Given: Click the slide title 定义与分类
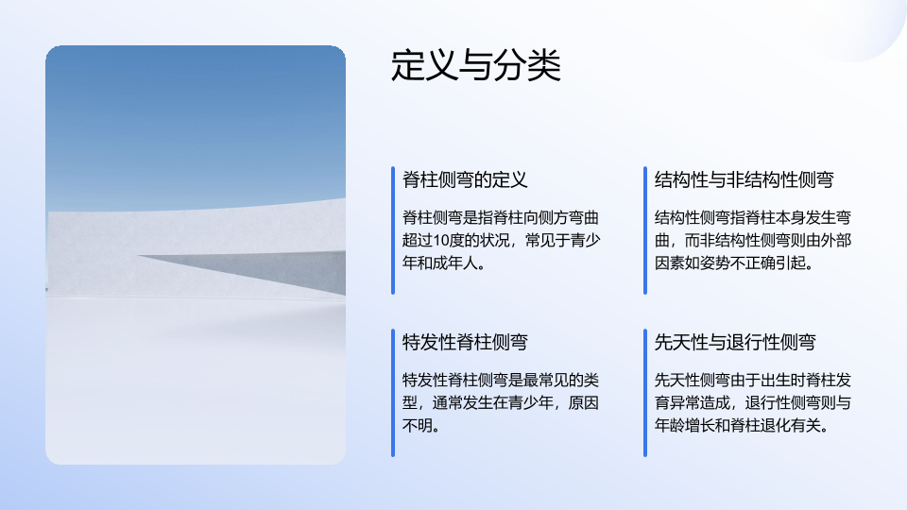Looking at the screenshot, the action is tap(476, 65).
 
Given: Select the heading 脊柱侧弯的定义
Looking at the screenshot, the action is tap(465, 179).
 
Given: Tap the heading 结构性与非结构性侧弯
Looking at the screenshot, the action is tap(744, 179).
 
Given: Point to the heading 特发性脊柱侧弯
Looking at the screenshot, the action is tap(465, 342).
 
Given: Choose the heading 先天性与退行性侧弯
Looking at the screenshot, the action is tap(735, 342).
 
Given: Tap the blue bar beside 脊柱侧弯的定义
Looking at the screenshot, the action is tap(393, 230).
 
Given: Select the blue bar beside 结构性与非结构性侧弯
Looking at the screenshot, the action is tap(645, 230).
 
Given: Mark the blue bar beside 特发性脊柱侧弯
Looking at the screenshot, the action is tap(393, 393).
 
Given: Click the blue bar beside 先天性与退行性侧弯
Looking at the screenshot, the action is tap(645, 393).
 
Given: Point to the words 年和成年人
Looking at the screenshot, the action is tap(440, 263).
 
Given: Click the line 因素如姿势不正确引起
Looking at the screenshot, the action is tap(730, 263).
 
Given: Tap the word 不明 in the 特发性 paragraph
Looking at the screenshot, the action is tap(417, 426).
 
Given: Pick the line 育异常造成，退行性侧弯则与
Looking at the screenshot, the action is tap(753, 403).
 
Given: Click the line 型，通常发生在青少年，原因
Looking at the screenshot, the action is tap(501, 403).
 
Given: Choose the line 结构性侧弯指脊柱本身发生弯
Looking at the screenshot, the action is tap(753, 218).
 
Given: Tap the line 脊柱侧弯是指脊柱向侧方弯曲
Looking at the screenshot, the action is tap(501, 218).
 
